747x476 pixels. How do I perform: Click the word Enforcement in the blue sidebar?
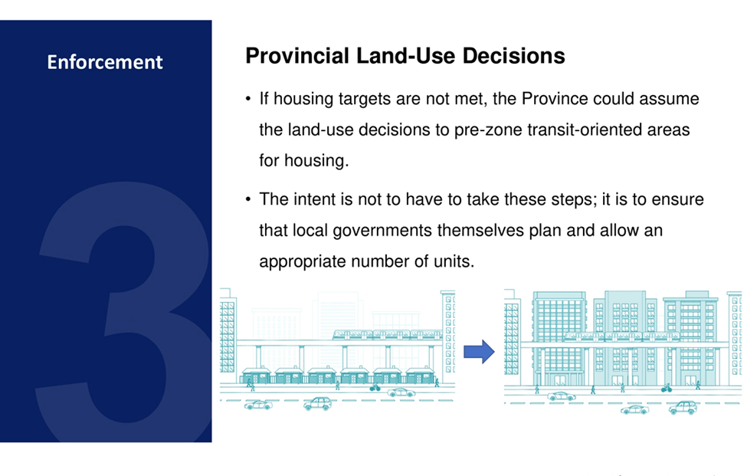click(105, 62)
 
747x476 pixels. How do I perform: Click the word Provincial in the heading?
click(297, 56)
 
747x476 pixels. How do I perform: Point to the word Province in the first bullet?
click(555, 99)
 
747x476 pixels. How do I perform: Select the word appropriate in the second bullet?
click(303, 261)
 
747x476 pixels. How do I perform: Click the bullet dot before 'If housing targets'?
click(248, 99)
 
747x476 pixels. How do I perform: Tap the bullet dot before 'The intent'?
click(248, 199)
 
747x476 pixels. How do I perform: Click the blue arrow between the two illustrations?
click(480, 352)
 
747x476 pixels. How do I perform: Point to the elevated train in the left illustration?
click(388, 334)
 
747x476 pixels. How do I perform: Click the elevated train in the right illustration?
click(621, 336)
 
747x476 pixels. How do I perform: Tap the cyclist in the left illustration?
click(375, 387)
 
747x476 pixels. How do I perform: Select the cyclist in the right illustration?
click(667, 389)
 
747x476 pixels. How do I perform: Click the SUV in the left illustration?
click(318, 404)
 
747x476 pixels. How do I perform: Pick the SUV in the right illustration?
click(683, 407)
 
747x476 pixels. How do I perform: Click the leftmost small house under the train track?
click(257, 376)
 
